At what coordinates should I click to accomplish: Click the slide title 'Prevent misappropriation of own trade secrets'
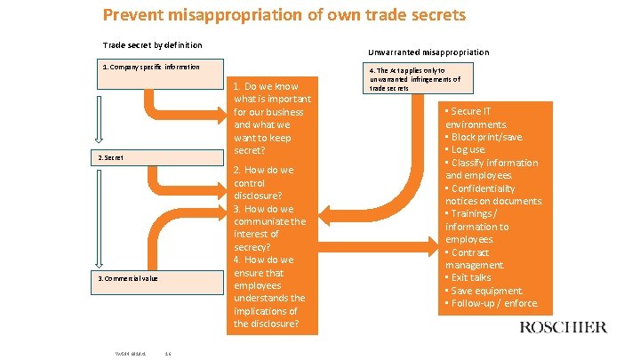tap(284, 15)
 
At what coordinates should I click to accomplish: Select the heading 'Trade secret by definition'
tap(152, 45)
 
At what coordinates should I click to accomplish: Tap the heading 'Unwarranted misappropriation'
tap(428, 52)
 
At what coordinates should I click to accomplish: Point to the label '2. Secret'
tap(111, 157)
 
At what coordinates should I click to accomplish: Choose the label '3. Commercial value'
tap(128, 278)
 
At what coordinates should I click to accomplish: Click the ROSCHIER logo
tap(563, 327)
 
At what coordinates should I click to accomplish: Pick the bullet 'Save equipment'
tap(485, 291)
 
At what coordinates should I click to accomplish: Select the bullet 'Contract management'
tap(476, 259)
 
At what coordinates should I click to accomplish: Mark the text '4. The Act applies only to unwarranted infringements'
tap(414, 79)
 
